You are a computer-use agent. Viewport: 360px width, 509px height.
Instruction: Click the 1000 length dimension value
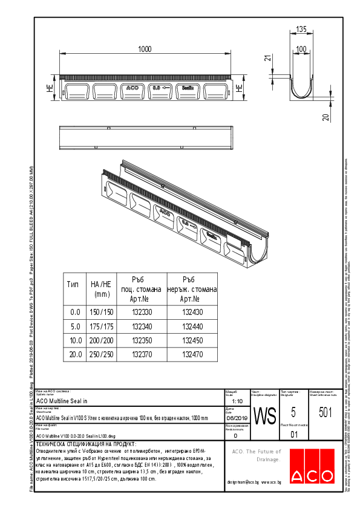(144, 49)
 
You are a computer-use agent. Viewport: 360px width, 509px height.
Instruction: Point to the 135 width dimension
(301, 28)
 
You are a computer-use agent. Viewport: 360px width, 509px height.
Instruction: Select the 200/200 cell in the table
(101, 340)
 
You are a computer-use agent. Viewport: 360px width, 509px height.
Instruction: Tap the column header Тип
(73, 284)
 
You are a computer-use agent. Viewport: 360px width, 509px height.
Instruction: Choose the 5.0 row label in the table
(75, 326)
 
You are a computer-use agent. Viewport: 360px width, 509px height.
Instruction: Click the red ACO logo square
(309, 466)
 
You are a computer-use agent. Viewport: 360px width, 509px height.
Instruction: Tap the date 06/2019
(235, 418)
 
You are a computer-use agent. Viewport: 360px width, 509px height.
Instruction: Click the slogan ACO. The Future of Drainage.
(257, 455)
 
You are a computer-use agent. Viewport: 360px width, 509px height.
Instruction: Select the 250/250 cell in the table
(101, 354)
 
